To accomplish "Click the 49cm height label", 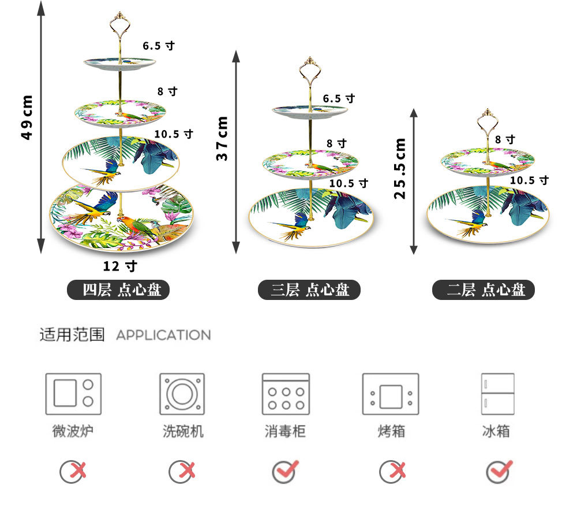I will click(27, 117).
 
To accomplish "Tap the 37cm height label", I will click(222, 139).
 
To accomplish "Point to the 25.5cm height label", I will click(399, 168).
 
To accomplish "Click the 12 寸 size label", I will click(120, 266).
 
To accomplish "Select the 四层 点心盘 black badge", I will click(119, 290).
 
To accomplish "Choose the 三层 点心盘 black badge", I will click(309, 290).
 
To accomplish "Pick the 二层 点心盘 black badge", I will click(484, 290).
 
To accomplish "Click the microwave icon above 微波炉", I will click(73, 394).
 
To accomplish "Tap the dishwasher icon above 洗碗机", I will click(182, 394).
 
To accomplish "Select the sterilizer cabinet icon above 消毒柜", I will click(286, 394).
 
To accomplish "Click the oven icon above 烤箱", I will click(391, 394).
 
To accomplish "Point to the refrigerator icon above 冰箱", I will click(497, 394).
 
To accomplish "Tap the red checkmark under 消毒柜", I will click(286, 471).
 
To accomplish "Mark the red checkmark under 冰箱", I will click(499, 471).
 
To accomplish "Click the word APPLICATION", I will click(163, 335).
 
